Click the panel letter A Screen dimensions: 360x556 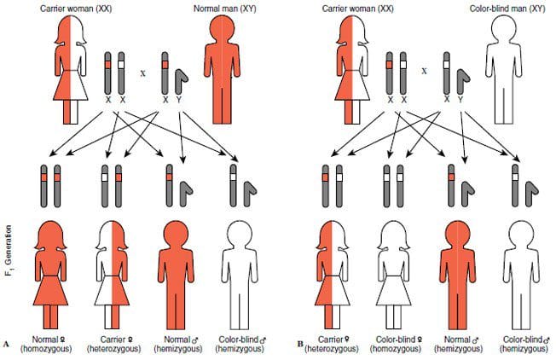tap(8, 344)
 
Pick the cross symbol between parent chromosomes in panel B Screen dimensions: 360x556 tap(424, 72)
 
